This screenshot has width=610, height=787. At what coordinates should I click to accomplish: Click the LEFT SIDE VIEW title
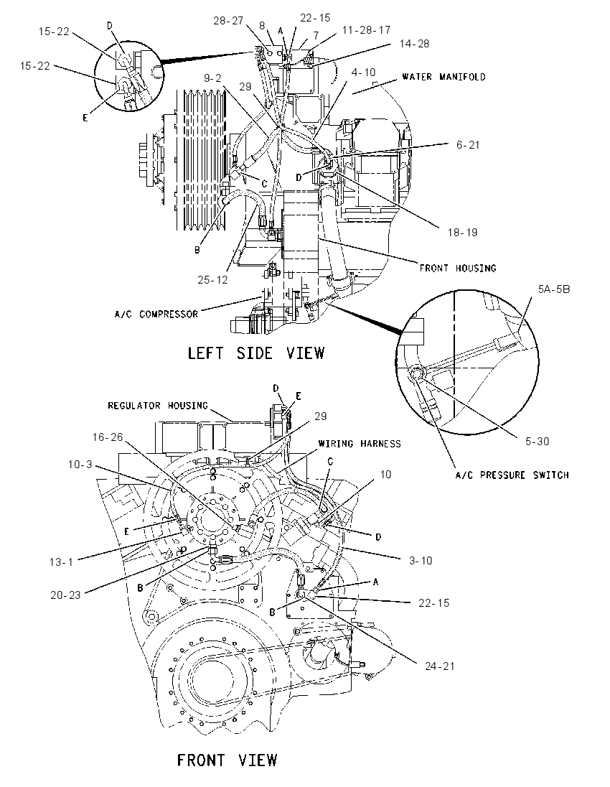coord(255,353)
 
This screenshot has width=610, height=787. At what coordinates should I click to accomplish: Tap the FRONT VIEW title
coord(227,760)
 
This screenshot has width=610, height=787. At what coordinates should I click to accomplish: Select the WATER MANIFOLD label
coord(444,77)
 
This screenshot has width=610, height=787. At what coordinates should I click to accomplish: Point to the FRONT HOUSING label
coord(458,268)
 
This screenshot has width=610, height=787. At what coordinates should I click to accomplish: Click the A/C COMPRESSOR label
coord(156,315)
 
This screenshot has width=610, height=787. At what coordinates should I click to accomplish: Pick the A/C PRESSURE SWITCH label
coord(512,475)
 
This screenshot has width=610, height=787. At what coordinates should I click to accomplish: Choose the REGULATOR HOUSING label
coord(157,405)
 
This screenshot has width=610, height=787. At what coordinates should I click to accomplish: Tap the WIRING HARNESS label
coord(360,444)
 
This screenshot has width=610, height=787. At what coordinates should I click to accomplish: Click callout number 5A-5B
coord(554,289)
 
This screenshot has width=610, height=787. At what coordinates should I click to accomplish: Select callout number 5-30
coord(537,442)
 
